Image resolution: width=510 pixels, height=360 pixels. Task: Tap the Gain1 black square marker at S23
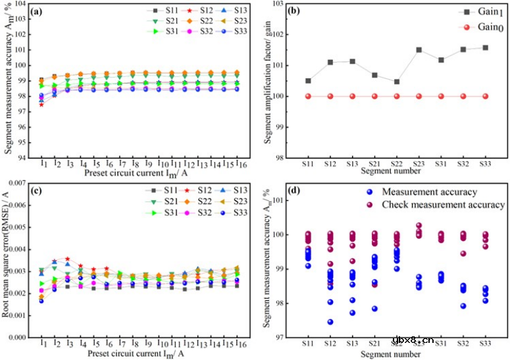419,50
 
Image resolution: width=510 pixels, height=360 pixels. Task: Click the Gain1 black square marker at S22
396,82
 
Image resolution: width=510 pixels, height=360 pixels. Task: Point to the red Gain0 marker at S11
308,96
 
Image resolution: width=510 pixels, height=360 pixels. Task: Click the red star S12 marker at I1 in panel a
42,105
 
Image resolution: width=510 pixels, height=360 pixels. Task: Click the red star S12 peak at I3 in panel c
67,259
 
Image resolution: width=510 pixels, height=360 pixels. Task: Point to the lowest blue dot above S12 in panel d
330,322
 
